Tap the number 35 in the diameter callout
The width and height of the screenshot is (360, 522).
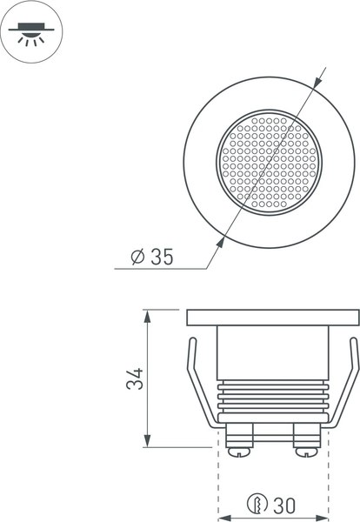click(162, 257)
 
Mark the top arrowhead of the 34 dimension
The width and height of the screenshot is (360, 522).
click(150, 315)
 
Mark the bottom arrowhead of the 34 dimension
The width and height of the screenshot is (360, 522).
click(150, 441)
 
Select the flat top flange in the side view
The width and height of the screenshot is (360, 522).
click(272, 317)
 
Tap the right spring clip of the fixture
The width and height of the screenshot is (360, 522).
click(349, 383)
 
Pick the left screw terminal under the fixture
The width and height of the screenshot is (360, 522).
click(237, 440)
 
